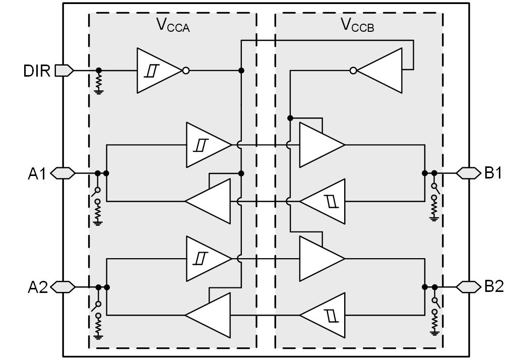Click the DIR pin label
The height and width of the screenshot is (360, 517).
pyautogui.click(x=37, y=71)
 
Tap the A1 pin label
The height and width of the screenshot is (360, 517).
pyautogui.click(x=37, y=174)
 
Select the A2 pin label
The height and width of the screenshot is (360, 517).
pyautogui.click(x=37, y=287)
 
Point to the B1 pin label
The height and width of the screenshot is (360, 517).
pyautogui.click(x=493, y=173)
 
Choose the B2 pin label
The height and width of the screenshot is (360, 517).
pyautogui.click(x=493, y=287)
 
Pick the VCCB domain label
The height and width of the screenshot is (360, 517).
pyautogui.click(x=357, y=25)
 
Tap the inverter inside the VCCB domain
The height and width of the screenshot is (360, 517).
pyautogui.click(x=380, y=71)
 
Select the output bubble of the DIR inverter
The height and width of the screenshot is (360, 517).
pyautogui.click(x=185, y=71)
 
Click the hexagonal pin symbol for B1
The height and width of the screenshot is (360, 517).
pyautogui.click(x=468, y=173)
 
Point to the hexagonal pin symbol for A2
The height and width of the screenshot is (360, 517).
pyautogui.click(x=63, y=287)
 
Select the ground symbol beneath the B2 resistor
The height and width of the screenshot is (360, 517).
pyautogui.click(x=434, y=332)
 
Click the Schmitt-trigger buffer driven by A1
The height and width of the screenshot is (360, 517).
pyautogui.click(x=207, y=145)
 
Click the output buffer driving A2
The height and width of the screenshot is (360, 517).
pyautogui.click(x=209, y=315)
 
